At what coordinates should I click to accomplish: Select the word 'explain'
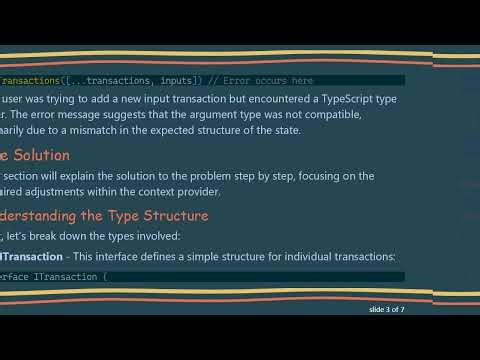(x=96, y=176)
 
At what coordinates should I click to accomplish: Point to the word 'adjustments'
(x=64, y=191)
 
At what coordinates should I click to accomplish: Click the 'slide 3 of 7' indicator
(x=384, y=310)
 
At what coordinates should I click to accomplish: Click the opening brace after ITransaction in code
(x=104, y=277)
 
